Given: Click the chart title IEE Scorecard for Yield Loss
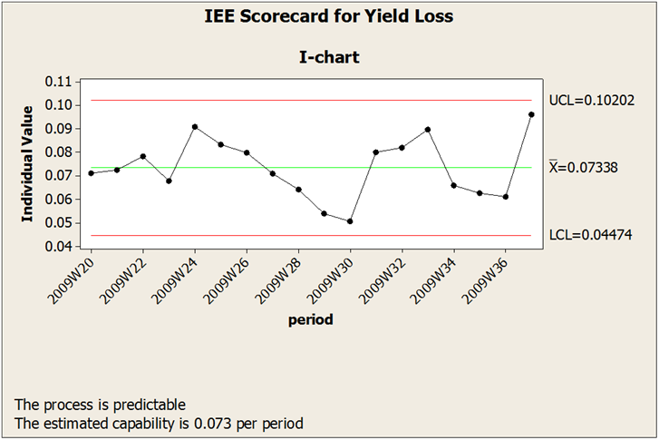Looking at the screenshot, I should [329, 15].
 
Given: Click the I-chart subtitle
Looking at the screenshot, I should [329, 57].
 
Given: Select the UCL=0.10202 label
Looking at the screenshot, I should [590, 99].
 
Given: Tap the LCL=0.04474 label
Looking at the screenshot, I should [590, 236].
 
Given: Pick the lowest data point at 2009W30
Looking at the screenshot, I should [350, 221].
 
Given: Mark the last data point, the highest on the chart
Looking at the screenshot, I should [531, 114].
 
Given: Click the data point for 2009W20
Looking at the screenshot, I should [91, 173].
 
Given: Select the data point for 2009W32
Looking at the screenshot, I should [402, 147].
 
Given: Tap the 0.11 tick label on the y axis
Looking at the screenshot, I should [56, 82].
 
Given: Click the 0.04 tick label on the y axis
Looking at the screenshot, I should [56, 247].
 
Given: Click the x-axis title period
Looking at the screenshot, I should [310, 319].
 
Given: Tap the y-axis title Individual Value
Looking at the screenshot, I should [27, 163].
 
